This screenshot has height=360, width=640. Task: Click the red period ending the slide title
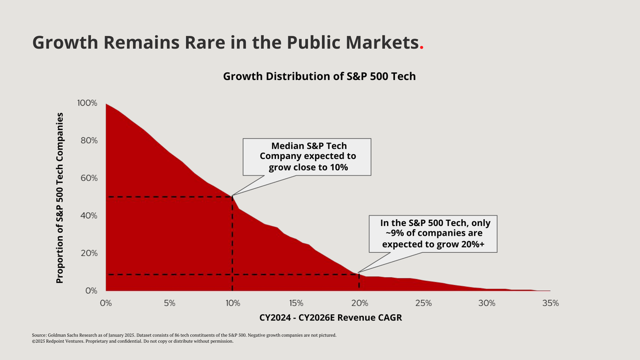coord(422,47)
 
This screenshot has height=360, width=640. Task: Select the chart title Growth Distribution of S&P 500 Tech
coord(319,76)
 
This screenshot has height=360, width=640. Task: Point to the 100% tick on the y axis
coord(87,103)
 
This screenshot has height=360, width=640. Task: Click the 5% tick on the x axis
coord(169,303)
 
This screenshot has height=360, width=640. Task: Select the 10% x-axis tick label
coord(233,303)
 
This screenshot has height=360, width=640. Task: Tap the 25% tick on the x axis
coord(423,303)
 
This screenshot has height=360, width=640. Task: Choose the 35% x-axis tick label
coord(550,303)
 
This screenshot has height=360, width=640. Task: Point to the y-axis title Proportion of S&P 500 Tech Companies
coord(60,197)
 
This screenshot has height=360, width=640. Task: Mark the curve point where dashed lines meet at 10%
coord(233,197)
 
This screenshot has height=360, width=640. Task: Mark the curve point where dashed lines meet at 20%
coord(359,274)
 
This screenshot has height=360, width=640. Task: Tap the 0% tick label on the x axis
coord(106,303)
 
